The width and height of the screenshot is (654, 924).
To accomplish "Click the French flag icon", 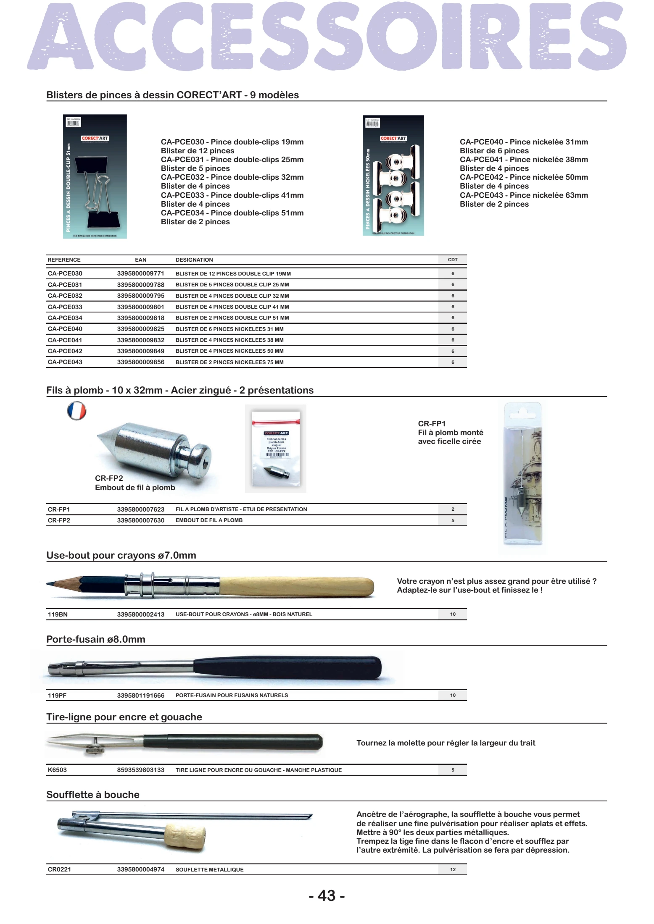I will [76, 411].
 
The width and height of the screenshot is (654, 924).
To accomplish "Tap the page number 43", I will [327, 895].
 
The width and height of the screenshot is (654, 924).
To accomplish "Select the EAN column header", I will [140, 260].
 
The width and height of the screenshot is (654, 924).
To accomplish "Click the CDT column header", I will [452, 260].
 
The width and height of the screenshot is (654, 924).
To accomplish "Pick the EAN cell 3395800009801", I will [140, 307].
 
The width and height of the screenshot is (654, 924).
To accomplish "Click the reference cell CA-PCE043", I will [65, 362].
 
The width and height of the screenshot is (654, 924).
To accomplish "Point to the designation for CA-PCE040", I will [229, 329].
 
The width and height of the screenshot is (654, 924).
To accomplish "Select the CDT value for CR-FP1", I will [453, 509].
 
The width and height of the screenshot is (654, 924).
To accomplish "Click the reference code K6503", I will [57, 770].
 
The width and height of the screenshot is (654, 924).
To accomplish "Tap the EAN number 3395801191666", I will [140, 695].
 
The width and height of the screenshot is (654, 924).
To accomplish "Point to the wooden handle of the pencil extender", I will [296, 587].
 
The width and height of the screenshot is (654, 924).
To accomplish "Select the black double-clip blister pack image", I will [95, 176].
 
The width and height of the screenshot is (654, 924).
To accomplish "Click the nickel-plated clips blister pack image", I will [393, 176].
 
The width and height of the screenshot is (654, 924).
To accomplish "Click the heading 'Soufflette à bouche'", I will [93, 794].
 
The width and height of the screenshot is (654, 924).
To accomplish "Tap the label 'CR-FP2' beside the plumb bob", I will [109, 478].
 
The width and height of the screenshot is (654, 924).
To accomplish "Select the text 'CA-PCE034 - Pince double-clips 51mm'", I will [232, 213].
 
